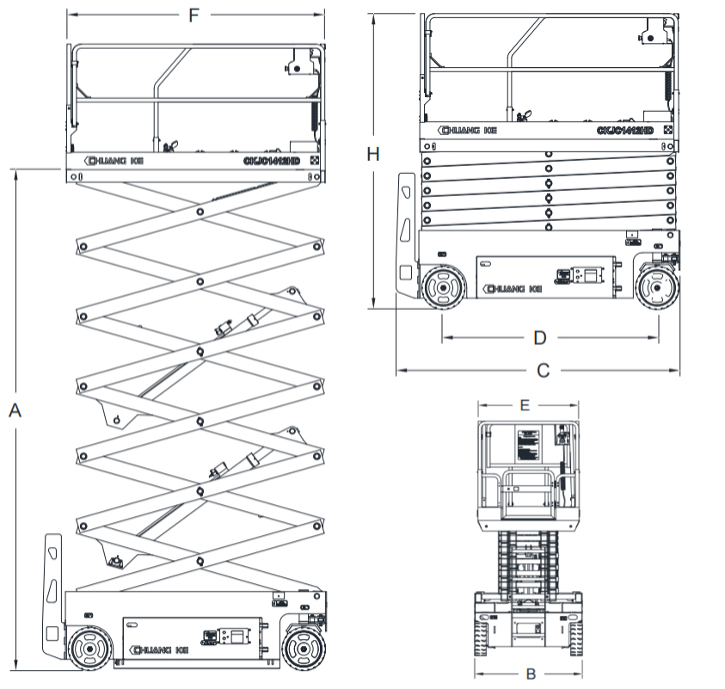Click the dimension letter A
(x=15, y=411)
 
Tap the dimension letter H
(x=372, y=154)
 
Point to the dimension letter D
(x=539, y=337)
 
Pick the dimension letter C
(x=542, y=371)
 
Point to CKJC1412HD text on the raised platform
(x=269, y=160)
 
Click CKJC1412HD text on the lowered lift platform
(x=624, y=130)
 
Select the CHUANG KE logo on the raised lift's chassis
(x=154, y=649)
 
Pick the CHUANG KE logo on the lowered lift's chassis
(x=513, y=288)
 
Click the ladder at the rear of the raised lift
(x=52, y=594)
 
